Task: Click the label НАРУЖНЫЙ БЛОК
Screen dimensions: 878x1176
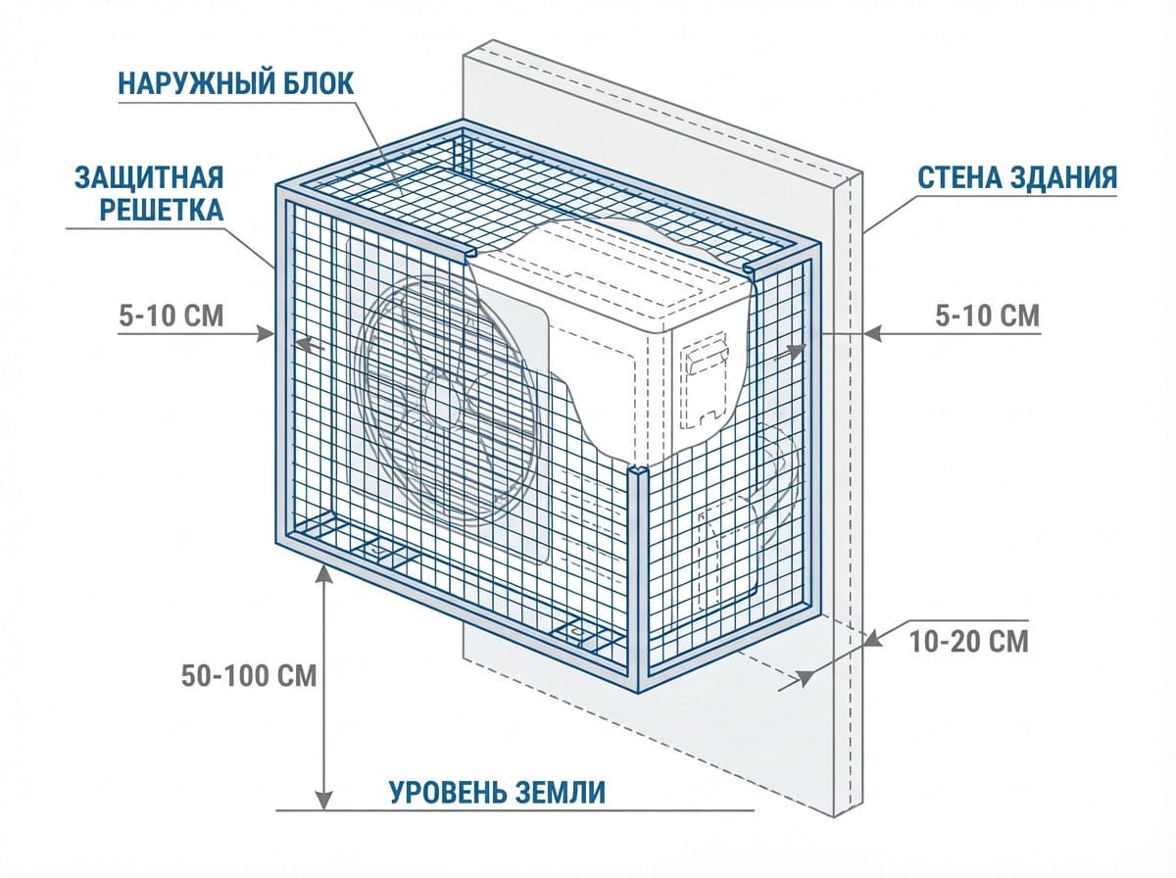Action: (x=235, y=82)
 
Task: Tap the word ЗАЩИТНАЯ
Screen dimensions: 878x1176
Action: (x=149, y=178)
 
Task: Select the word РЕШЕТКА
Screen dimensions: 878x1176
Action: (x=150, y=210)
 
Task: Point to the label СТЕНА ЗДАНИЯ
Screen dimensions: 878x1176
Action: (x=1018, y=177)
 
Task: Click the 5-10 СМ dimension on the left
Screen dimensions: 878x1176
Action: (x=171, y=316)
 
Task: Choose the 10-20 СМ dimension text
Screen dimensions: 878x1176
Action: (x=969, y=642)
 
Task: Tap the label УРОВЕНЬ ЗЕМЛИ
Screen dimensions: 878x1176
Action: (x=498, y=792)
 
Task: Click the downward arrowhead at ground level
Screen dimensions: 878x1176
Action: (x=323, y=801)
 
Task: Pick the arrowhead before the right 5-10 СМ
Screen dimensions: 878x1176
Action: (x=875, y=334)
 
